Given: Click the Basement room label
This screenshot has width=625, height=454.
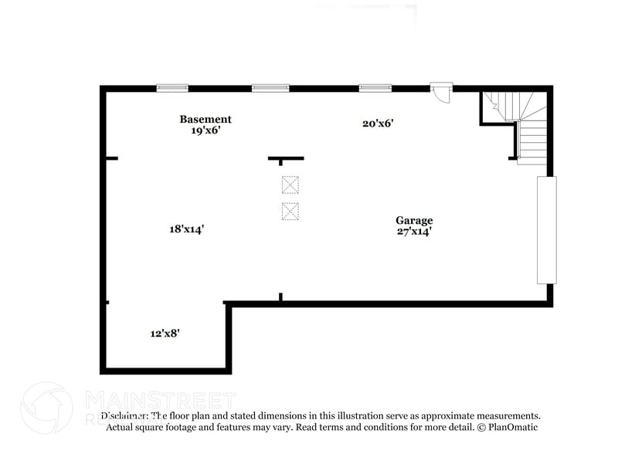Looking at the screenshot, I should pyautogui.click(x=206, y=119).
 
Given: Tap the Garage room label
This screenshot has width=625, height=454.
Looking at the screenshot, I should pyautogui.click(x=415, y=220).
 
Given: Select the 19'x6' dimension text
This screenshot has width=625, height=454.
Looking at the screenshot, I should pyautogui.click(x=206, y=130).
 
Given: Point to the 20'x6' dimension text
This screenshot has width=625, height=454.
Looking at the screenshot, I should pyautogui.click(x=379, y=123).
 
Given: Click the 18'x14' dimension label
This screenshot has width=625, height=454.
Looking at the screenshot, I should pyautogui.click(x=186, y=229).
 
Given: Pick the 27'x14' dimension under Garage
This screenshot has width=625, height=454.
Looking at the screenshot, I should pyautogui.click(x=414, y=231).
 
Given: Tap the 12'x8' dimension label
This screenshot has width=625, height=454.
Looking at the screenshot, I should pyautogui.click(x=165, y=334).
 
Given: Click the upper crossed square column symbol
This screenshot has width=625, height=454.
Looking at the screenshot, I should pyautogui.click(x=290, y=185).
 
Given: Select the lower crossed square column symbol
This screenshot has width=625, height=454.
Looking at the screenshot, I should pyautogui.click(x=290, y=211).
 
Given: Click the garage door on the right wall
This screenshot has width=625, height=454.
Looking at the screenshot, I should pyautogui.click(x=546, y=229).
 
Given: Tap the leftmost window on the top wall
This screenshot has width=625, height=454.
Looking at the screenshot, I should pyautogui.click(x=172, y=88).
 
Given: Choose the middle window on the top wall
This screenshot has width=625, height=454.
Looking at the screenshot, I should pyautogui.click(x=270, y=88).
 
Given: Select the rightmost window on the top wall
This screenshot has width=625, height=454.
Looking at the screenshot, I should pyautogui.click(x=375, y=88).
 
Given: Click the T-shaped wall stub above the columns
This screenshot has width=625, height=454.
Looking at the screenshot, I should pyautogui.click(x=286, y=159).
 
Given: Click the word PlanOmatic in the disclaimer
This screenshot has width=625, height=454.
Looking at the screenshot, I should pyautogui.click(x=510, y=427).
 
